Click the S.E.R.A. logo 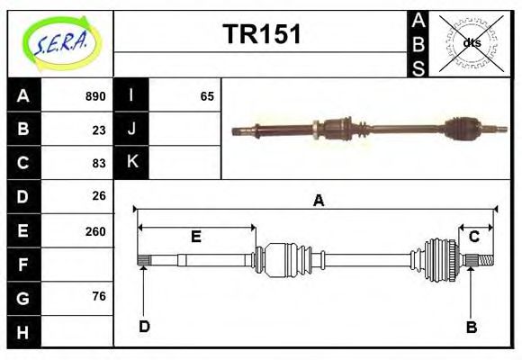[60, 42]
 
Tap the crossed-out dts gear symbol [472, 42]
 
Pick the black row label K [132, 162]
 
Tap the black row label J [132, 129]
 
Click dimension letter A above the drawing [318, 202]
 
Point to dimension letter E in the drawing [195, 238]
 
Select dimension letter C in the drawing [473, 237]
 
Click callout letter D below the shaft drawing [144, 327]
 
